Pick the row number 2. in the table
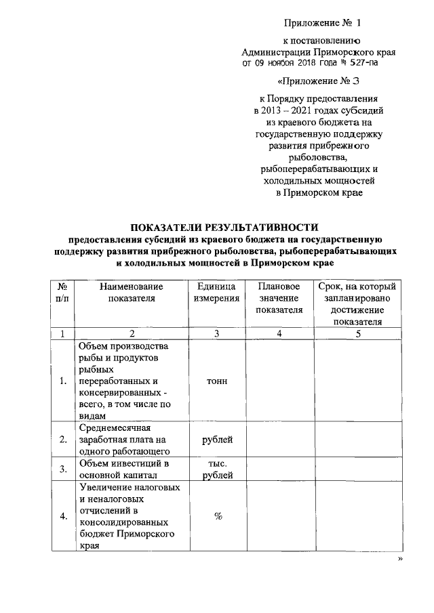coord(62,440)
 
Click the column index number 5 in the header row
coord(358,333)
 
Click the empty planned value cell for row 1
coord(279,381)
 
